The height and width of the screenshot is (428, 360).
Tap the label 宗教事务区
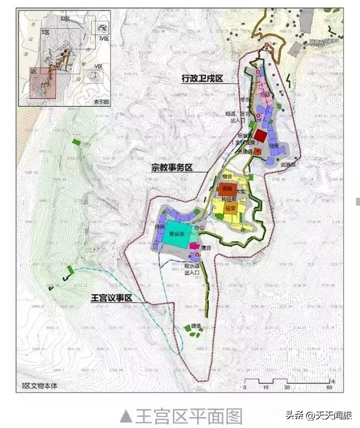coord(172,168)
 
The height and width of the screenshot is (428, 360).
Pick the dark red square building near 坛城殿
coord(259,135)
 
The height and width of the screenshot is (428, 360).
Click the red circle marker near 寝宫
coord(197,255)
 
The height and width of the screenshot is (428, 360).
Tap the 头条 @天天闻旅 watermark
coord(318,415)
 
